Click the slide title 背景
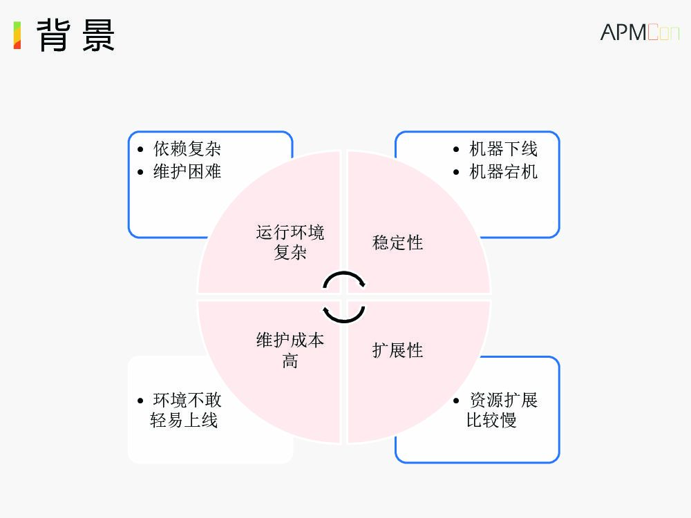pyautogui.click(x=75, y=35)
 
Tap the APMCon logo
pyautogui.click(x=639, y=32)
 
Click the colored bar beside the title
pyautogui.click(x=17, y=35)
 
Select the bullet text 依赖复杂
pyautogui.click(x=187, y=149)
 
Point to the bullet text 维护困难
pyautogui.click(x=187, y=171)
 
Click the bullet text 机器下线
pyautogui.click(x=503, y=149)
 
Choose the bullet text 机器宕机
pyautogui.click(x=503, y=171)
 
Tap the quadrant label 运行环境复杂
pyautogui.click(x=290, y=242)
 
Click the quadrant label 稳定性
pyautogui.click(x=397, y=242)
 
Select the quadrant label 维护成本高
pyautogui.click(x=290, y=349)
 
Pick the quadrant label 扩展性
pyautogui.click(x=397, y=350)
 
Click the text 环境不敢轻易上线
pyautogui.click(x=184, y=410)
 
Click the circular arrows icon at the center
pyautogui.click(x=343, y=298)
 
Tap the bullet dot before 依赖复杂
pyautogui.click(x=141, y=149)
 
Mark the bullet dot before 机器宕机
pyautogui.click(x=456, y=171)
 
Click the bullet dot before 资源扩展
pyautogui.click(x=456, y=401)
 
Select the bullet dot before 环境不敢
pyautogui.click(x=141, y=401)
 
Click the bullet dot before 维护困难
pyautogui.click(x=141, y=171)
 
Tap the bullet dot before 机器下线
pyautogui.click(x=456, y=149)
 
